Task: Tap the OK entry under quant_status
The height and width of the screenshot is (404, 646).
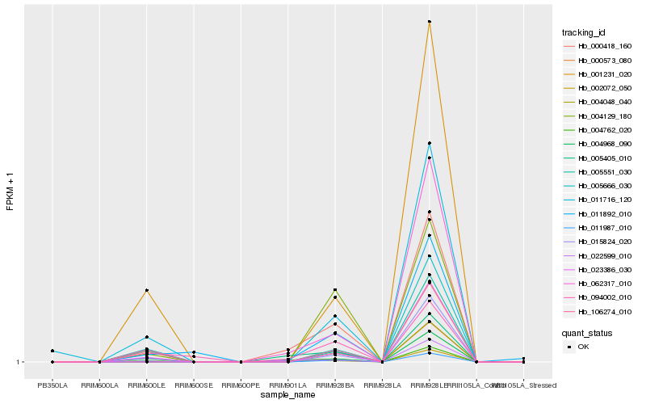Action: click(583, 346)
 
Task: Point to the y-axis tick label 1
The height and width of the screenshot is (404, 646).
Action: click(20, 362)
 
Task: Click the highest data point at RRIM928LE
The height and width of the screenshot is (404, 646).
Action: click(430, 22)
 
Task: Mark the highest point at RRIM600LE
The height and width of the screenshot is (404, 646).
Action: click(146, 290)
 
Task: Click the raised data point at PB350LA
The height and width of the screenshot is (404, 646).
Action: click(52, 351)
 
